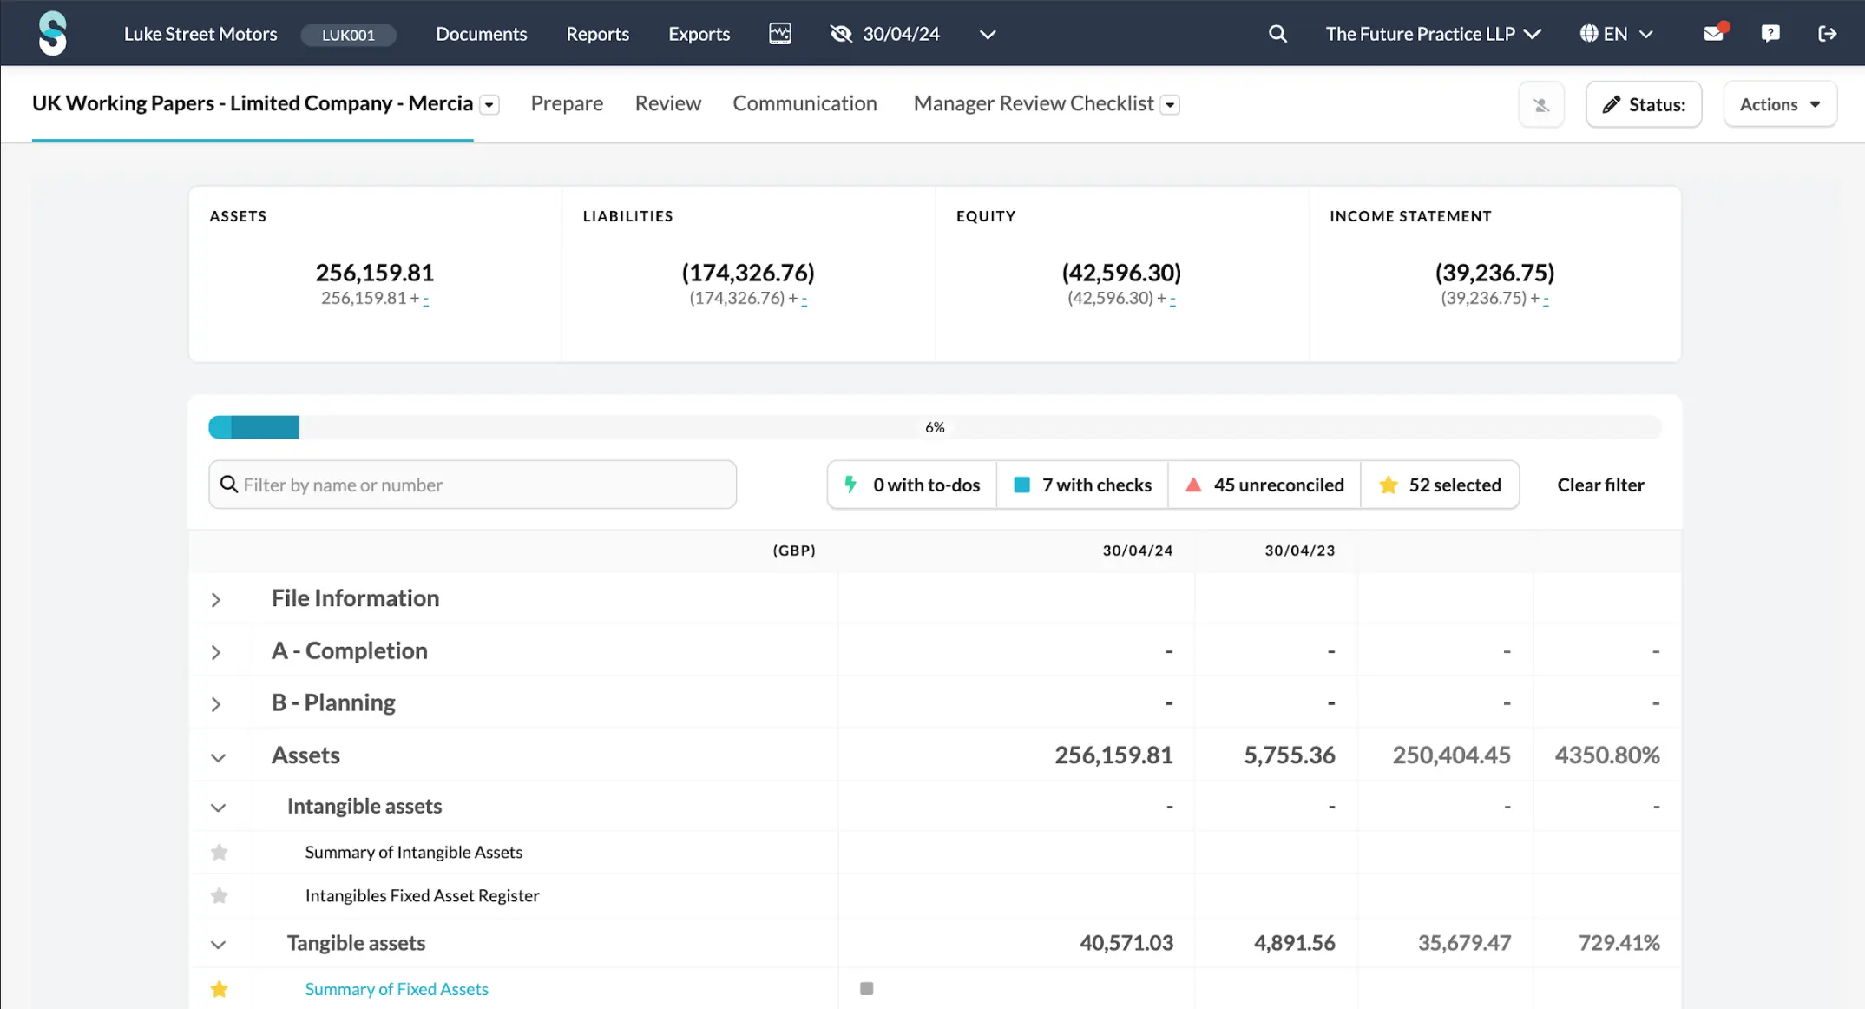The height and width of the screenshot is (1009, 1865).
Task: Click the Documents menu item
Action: (x=481, y=34)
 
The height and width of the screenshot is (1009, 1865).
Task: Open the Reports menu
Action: (x=597, y=34)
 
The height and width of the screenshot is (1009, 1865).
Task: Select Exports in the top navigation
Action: (x=699, y=34)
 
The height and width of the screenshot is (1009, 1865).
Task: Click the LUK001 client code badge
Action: (x=348, y=35)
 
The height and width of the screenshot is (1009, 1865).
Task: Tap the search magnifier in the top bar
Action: (x=1277, y=34)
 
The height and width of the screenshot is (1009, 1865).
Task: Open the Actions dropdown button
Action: (x=1780, y=104)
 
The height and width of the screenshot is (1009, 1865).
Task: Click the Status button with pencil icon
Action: (x=1644, y=104)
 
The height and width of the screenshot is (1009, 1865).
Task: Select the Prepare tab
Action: (x=567, y=103)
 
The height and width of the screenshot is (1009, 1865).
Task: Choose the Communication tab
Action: (x=804, y=103)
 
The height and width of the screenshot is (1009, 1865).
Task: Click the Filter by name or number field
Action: (x=473, y=485)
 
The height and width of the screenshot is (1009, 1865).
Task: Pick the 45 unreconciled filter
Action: (x=1264, y=485)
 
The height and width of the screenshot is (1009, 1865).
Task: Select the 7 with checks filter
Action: (x=1083, y=485)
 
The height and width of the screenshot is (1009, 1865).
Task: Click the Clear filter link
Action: (x=1600, y=485)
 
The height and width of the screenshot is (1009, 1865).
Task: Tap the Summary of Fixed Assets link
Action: (x=397, y=989)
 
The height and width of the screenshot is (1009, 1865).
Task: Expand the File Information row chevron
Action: (x=216, y=599)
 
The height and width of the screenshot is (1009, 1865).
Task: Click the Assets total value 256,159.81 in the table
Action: (x=1113, y=755)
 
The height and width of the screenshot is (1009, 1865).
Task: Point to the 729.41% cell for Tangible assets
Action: (x=1619, y=943)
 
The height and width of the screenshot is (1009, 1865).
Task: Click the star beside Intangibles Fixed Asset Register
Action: (x=220, y=895)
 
